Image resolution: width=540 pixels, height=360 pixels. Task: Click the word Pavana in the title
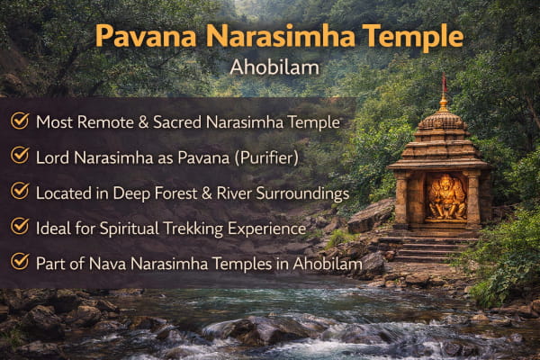click(x=145, y=35)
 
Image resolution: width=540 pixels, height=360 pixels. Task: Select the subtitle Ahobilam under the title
click(x=274, y=67)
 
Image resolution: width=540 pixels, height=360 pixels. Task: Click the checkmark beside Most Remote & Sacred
click(x=20, y=121)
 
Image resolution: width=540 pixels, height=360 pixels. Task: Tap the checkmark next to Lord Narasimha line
click(x=20, y=156)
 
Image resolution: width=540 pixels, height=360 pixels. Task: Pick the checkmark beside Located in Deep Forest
click(x=20, y=191)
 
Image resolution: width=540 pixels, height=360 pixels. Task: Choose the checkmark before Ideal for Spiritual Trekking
click(x=20, y=226)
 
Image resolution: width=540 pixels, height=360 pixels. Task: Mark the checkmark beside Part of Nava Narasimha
click(x=20, y=262)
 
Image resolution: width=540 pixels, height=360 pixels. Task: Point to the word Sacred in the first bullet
click(x=177, y=122)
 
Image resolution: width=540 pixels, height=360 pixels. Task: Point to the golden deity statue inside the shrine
click(x=446, y=197)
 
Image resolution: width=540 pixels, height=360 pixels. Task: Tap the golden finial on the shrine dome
click(x=444, y=103)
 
